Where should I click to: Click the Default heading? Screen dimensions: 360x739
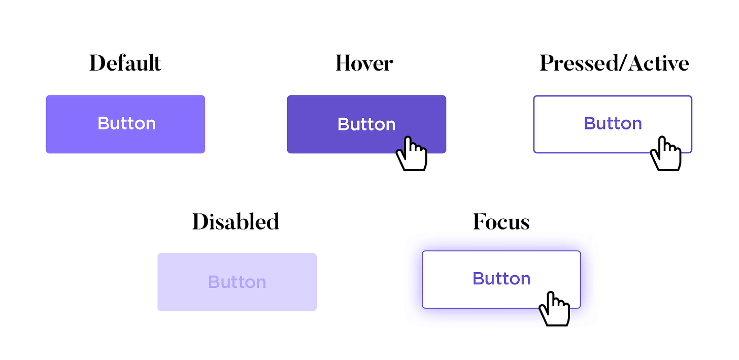click(125, 63)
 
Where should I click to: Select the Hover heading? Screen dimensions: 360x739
click(364, 63)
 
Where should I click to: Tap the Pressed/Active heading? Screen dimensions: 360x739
click(614, 63)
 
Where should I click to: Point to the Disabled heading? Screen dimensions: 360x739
click(236, 222)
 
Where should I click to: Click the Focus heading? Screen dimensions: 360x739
click(501, 222)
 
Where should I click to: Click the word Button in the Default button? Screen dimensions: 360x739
click(126, 123)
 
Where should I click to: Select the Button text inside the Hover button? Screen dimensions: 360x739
click(366, 124)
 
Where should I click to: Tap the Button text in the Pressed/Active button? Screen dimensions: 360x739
click(613, 123)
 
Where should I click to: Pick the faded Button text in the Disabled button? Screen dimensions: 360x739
click(237, 282)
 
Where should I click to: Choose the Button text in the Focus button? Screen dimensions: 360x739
click(501, 278)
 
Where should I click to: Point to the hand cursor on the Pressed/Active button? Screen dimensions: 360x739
click(665, 154)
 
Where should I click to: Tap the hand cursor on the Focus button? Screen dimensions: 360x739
click(554, 309)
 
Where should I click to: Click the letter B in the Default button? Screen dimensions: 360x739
click(103, 123)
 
